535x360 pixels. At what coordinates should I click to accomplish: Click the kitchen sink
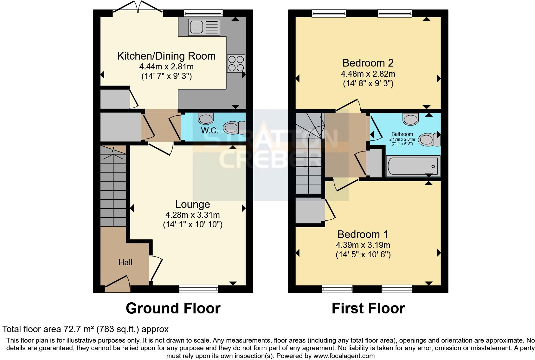(204, 27)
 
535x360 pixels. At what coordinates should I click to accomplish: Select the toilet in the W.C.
(234, 128)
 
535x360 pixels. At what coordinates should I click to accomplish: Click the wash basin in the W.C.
(206, 119)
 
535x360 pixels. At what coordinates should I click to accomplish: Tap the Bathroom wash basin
(410, 119)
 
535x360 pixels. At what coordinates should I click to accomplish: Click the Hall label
(125, 262)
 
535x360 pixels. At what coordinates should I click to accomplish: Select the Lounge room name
(192, 204)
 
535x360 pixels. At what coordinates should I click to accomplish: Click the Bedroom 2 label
(368, 63)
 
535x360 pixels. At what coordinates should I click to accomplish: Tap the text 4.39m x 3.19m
(363, 245)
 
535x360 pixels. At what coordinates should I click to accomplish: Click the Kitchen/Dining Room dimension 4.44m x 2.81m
(166, 67)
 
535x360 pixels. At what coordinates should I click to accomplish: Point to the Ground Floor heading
(173, 308)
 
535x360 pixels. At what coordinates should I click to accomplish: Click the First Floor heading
(368, 308)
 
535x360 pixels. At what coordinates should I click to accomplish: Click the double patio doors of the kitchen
(138, 8)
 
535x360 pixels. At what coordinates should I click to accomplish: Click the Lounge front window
(198, 289)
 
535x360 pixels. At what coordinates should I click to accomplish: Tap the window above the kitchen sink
(203, 13)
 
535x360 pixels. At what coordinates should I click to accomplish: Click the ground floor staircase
(113, 187)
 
